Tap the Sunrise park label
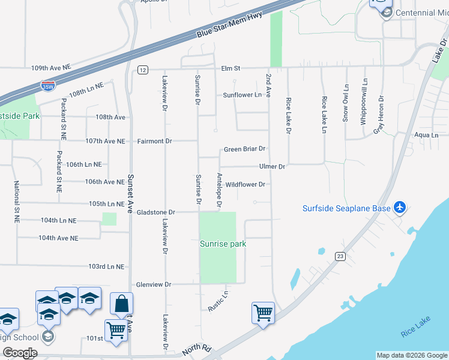click(x=223, y=244)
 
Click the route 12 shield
click(x=142, y=70)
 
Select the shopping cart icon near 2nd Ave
click(x=263, y=313)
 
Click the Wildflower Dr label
click(x=245, y=185)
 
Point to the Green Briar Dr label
click(x=244, y=149)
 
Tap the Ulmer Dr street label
click(x=272, y=166)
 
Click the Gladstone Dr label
click(x=155, y=212)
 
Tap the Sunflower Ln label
click(x=243, y=95)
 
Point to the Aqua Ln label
click(x=426, y=136)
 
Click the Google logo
click(x=19, y=353)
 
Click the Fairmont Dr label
click(x=154, y=141)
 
